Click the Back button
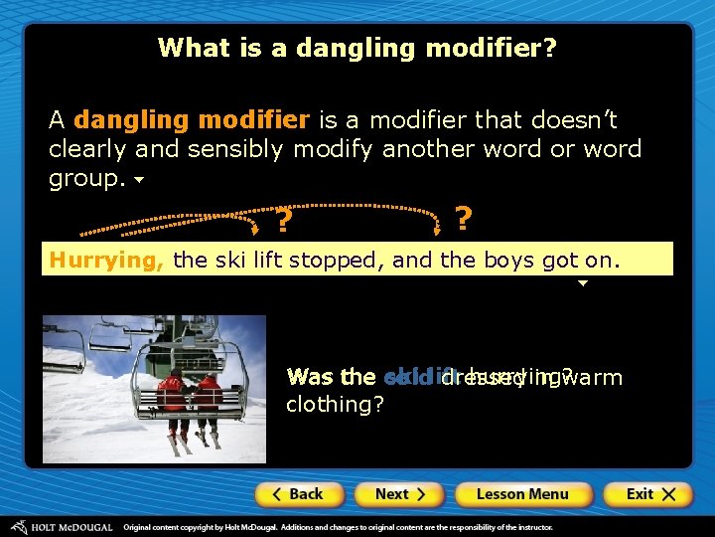pos(299,494)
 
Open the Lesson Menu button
pos(523,494)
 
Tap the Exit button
pos(646,494)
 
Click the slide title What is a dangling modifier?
pos(357,48)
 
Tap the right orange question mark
pos(463,219)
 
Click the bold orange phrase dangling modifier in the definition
pos(192,120)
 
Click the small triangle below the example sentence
pos(583,283)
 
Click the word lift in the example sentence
pos(259,261)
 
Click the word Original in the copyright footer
pos(143,526)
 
